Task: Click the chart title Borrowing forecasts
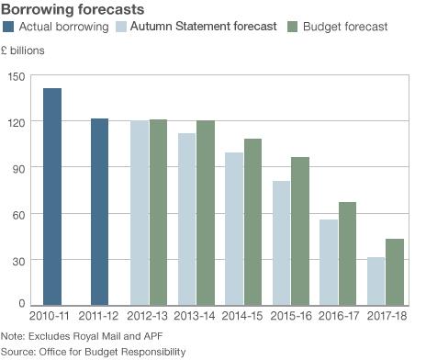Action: tap(72, 9)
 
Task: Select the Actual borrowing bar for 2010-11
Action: tap(52, 197)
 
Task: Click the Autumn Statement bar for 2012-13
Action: tap(139, 212)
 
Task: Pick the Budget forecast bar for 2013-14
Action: tap(205, 212)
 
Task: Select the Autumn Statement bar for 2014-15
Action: tap(234, 229)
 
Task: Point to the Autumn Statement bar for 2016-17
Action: tap(329, 262)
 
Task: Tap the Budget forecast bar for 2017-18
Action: tap(395, 272)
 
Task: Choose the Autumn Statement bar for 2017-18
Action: tap(376, 281)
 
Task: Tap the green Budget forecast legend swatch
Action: tap(293, 28)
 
